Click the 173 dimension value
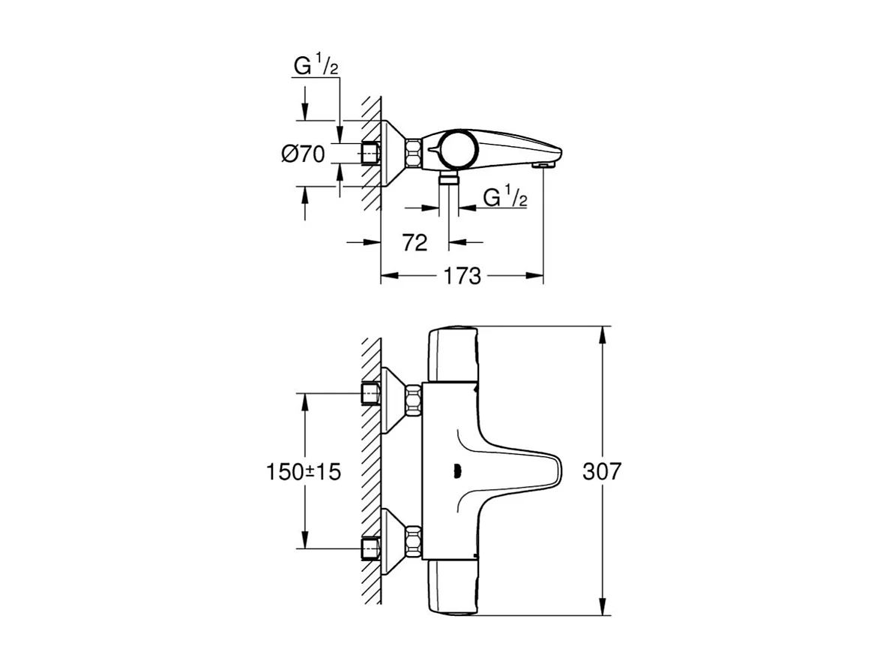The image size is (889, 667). click(x=462, y=276)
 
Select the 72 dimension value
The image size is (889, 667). click(x=414, y=242)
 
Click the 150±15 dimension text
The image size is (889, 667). click(x=303, y=472)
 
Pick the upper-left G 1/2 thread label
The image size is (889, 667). click(x=315, y=68)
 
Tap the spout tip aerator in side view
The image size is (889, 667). click(x=543, y=163)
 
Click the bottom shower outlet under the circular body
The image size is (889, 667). click(x=448, y=178)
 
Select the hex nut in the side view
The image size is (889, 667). click(x=414, y=153)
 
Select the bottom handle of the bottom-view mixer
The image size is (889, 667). click(x=451, y=588)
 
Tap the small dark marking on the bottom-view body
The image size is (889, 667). click(x=454, y=471)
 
